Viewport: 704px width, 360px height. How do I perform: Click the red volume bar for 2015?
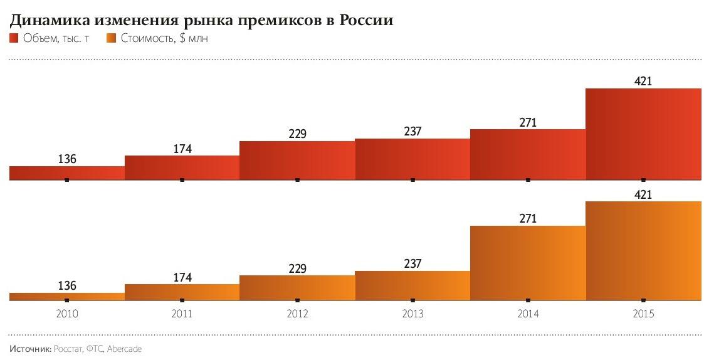click(x=643, y=134)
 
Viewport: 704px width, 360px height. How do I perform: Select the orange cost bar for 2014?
click(x=528, y=263)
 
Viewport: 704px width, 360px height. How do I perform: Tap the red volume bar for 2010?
click(x=67, y=172)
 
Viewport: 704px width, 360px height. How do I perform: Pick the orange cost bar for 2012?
click(x=297, y=288)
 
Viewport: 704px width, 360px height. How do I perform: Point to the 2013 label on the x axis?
click(x=412, y=314)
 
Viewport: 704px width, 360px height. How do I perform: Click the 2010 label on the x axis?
click(x=67, y=314)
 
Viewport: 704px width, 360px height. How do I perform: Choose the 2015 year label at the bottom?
click(x=643, y=314)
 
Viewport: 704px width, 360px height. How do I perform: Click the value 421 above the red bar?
click(x=643, y=80)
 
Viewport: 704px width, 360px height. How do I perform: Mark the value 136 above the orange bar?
click(x=67, y=285)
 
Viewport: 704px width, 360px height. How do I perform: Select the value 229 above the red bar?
click(x=297, y=133)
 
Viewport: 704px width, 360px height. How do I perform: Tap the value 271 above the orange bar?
click(x=528, y=218)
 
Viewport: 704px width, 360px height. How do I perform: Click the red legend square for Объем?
click(x=14, y=39)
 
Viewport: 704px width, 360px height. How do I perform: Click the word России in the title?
click(x=366, y=21)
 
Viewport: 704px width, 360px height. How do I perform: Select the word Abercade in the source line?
click(x=125, y=348)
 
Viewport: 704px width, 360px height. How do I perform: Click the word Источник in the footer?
click(x=28, y=348)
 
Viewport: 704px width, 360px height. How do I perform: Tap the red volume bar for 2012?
click(x=297, y=160)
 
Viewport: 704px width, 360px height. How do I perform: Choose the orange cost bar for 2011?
click(x=182, y=292)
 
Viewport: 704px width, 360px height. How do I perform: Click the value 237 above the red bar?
click(x=412, y=131)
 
